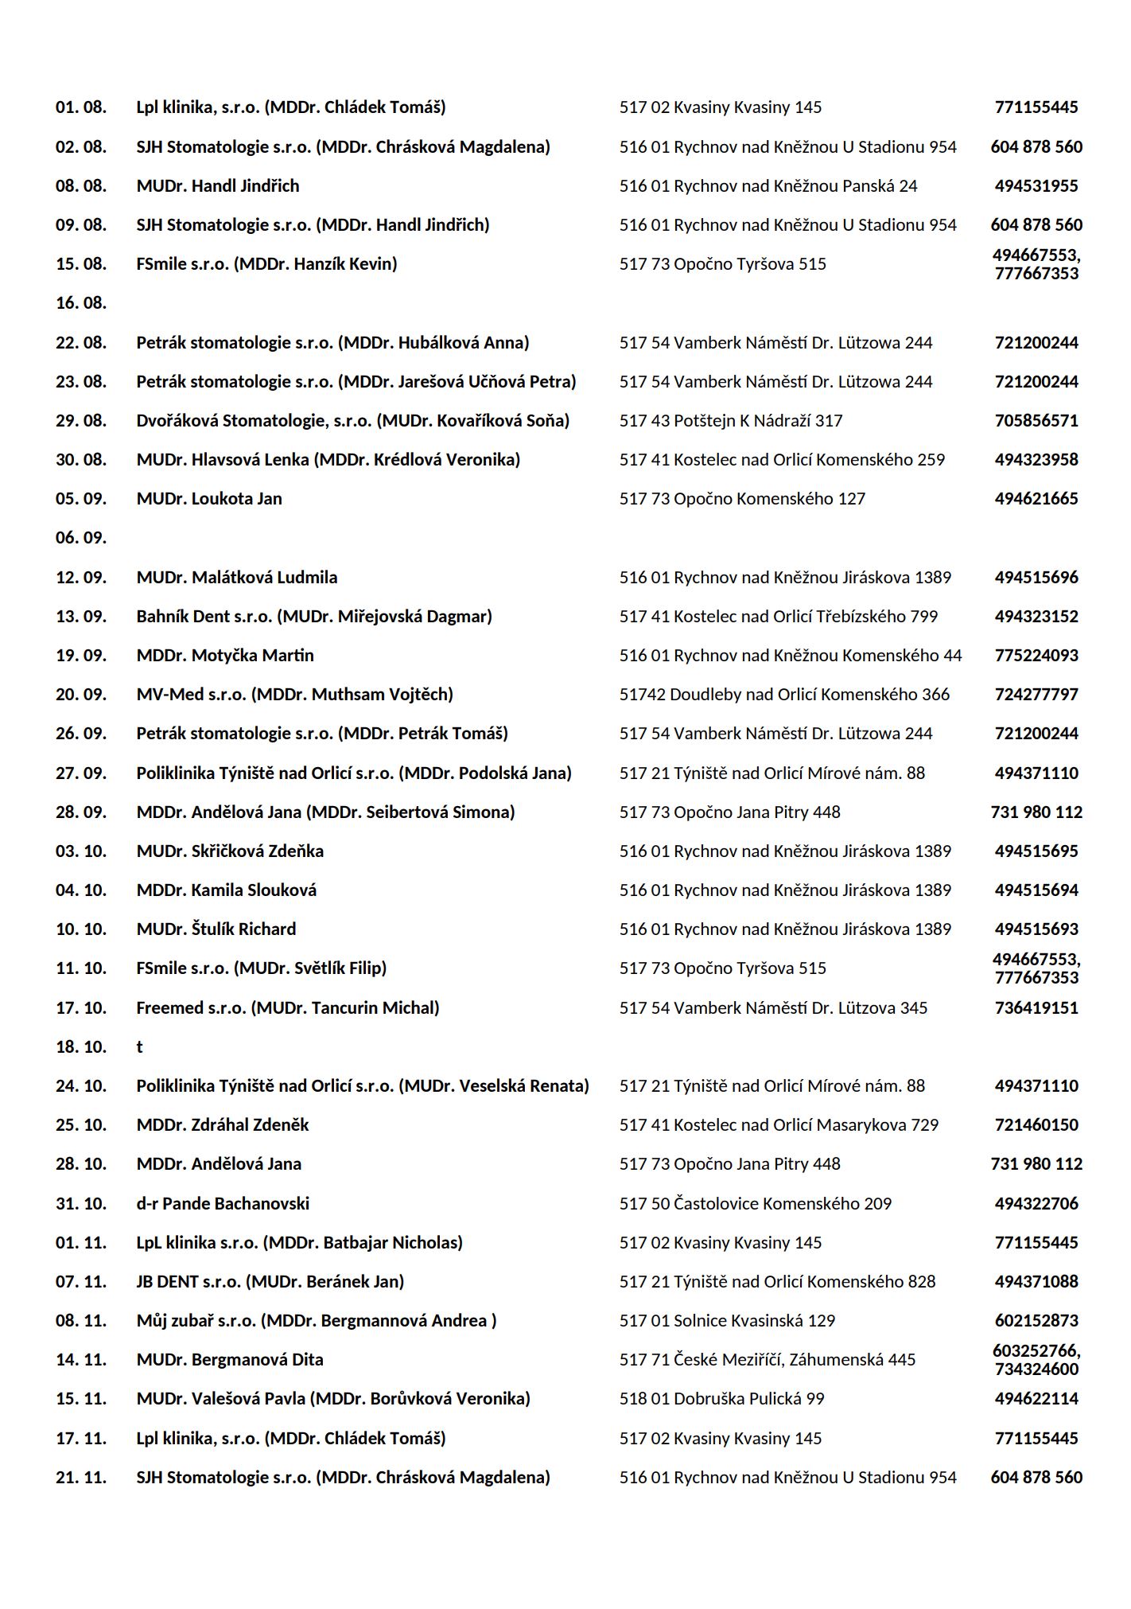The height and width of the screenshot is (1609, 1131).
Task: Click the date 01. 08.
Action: pos(80,107)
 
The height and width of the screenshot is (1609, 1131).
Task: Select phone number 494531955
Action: pos(1036,186)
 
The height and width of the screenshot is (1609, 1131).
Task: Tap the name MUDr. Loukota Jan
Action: pos(209,499)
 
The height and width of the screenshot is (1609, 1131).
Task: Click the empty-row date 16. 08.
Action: pos(80,303)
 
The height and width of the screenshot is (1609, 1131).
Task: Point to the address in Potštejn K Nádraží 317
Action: pos(730,421)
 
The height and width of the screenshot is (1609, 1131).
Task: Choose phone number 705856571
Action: pos(1036,421)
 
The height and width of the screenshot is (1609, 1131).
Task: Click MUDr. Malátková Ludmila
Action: pos(236,578)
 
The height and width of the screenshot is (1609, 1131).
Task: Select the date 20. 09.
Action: pos(80,695)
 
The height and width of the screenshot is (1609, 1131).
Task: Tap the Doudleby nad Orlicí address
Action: pos(784,695)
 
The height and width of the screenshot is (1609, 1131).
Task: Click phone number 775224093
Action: pos(1036,656)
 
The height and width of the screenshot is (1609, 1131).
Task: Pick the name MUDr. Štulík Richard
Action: pos(216,929)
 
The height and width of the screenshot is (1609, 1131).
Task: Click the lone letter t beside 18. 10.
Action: pos(139,1047)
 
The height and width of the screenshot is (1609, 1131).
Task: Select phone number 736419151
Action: pos(1036,1008)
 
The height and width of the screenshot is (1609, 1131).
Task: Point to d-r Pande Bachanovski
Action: pos(223,1204)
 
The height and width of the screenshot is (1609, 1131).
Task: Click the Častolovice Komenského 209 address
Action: pos(755,1204)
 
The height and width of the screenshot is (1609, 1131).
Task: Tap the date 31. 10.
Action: pos(80,1204)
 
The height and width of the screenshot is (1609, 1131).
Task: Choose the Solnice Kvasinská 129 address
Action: pos(727,1321)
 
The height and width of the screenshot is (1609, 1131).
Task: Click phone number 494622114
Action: pos(1036,1399)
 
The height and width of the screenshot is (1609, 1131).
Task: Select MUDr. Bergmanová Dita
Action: pos(230,1360)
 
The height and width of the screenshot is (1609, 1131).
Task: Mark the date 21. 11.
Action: pos(80,1478)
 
